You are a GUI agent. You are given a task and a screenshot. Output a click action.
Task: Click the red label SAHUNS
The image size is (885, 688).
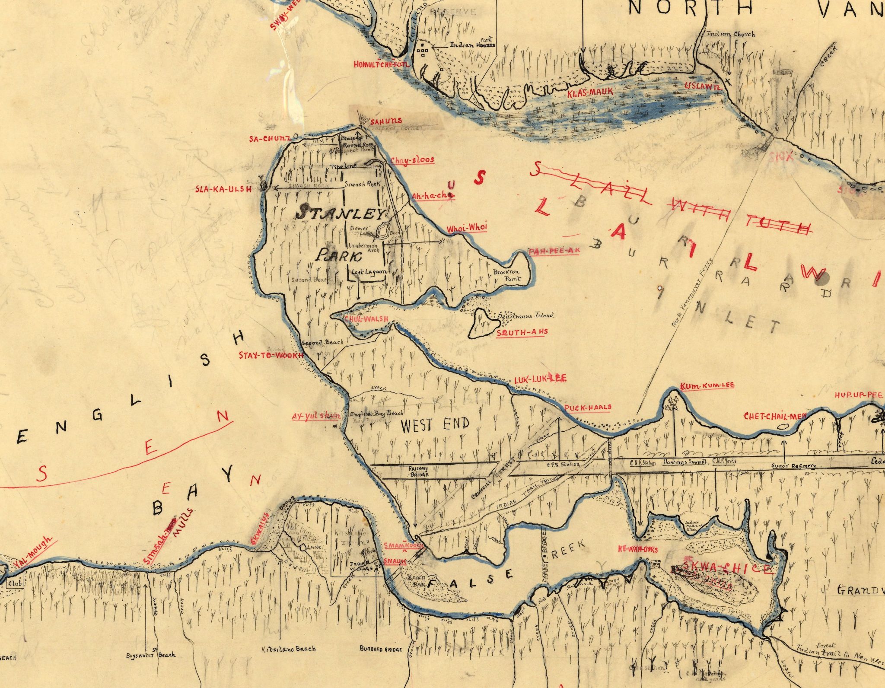386,121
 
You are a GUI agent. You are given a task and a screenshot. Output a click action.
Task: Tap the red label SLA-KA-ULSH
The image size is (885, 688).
223,189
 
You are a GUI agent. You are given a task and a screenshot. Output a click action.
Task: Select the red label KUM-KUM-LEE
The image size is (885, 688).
707,385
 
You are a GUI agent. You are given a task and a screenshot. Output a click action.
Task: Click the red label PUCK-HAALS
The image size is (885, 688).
588,407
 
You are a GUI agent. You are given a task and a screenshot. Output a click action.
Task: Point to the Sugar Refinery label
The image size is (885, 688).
793,466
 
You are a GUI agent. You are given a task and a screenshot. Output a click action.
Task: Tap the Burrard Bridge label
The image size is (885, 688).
381,649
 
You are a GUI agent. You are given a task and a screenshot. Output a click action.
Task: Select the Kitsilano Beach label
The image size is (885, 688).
289,649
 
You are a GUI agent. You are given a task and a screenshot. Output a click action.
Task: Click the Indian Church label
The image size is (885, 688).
730,34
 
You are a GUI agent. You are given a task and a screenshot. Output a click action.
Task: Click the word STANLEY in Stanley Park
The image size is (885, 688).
341,213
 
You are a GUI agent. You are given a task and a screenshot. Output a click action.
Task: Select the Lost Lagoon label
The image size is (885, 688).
368,272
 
